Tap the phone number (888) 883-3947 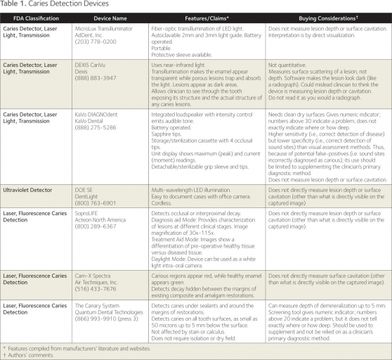118,95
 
